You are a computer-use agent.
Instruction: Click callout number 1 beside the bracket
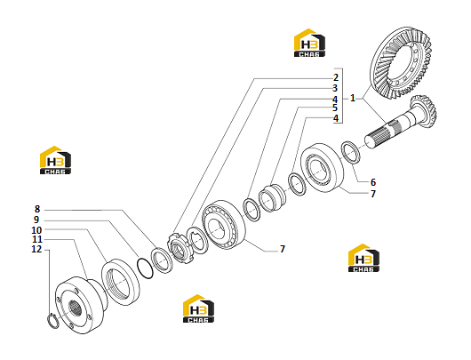pyautogui.click(x=353, y=98)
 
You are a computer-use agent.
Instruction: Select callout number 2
pyautogui.click(x=336, y=77)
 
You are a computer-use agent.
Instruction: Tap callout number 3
pyautogui.click(x=335, y=88)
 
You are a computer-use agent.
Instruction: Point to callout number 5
pyautogui.click(x=335, y=108)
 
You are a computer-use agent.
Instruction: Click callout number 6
pyautogui.click(x=372, y=182)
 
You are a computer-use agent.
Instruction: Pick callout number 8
pyautogui.click(x=37, y=209)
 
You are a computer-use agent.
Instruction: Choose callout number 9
pyautogui.click(x=36, y=220)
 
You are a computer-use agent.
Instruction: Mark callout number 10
pyautogui.click(x=36, y=230)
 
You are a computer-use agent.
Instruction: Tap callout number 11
pyautogui.click(x=37, y=239)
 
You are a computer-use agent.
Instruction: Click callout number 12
pyautogui.click(x=36, y=249)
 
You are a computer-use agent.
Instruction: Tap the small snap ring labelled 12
pyautogui.click(x=53, y=321)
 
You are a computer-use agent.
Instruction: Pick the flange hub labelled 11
pyautogui.click(x=81, y=305)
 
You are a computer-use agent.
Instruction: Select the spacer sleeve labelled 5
pyautogui.click(x=273, y=198)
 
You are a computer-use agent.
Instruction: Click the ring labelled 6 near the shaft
pyautogui.click(x=350, y=152)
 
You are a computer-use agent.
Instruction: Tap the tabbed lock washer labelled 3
pyautogui.click(x=197, y=239)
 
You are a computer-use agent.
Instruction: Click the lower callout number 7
pyautogui.click(x=282, y=249)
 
